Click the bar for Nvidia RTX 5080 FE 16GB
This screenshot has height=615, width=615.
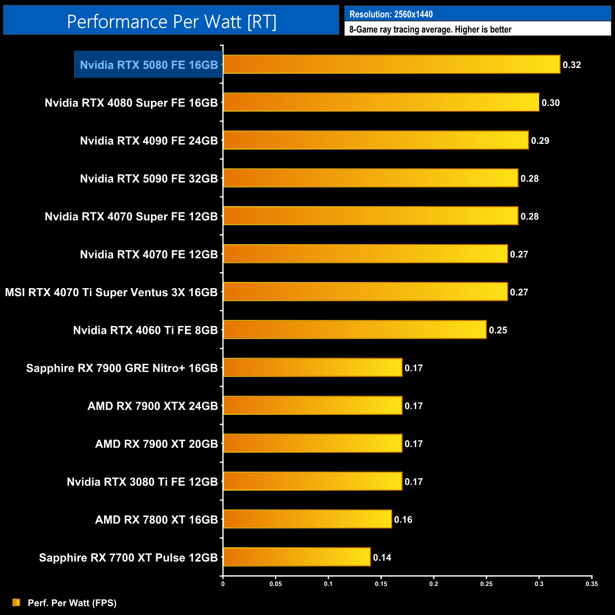click(x=392, y=64)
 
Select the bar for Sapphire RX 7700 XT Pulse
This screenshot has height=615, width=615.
click(x=297, y=557)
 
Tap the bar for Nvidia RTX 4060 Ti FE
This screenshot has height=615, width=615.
click(x=355, y=330)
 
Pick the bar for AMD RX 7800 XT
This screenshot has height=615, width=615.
click(x=307, y=519)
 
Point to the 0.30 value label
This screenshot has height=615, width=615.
click(x=551, y=103)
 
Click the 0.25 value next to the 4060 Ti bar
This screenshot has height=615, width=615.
click(x=498, y=330)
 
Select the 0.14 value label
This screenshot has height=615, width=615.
click(x=382, y=557)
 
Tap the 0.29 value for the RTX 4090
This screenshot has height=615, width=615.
click(x=540, y=141)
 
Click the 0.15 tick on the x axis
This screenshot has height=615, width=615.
click(x=381, y=584)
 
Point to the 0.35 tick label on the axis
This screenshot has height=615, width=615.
click(x=591, y=584)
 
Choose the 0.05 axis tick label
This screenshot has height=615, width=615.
click(x=275, y=584)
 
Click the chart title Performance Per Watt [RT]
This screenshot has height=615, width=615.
click(x=171, y=21)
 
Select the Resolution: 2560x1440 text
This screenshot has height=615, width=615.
click(x=391, y=14)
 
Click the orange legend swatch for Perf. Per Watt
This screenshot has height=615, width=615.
click(x=17, y=602)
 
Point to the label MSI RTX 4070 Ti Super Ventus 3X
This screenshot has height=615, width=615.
click(x=111, y=292)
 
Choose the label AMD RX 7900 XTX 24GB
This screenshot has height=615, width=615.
click(x=152, y=406)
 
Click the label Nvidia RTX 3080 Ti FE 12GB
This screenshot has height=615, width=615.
click(x=142, y=482)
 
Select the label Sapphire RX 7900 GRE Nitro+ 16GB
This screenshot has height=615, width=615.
click(x=122, y=368)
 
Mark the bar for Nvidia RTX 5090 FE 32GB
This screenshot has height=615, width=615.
click(x=370, y=178)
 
